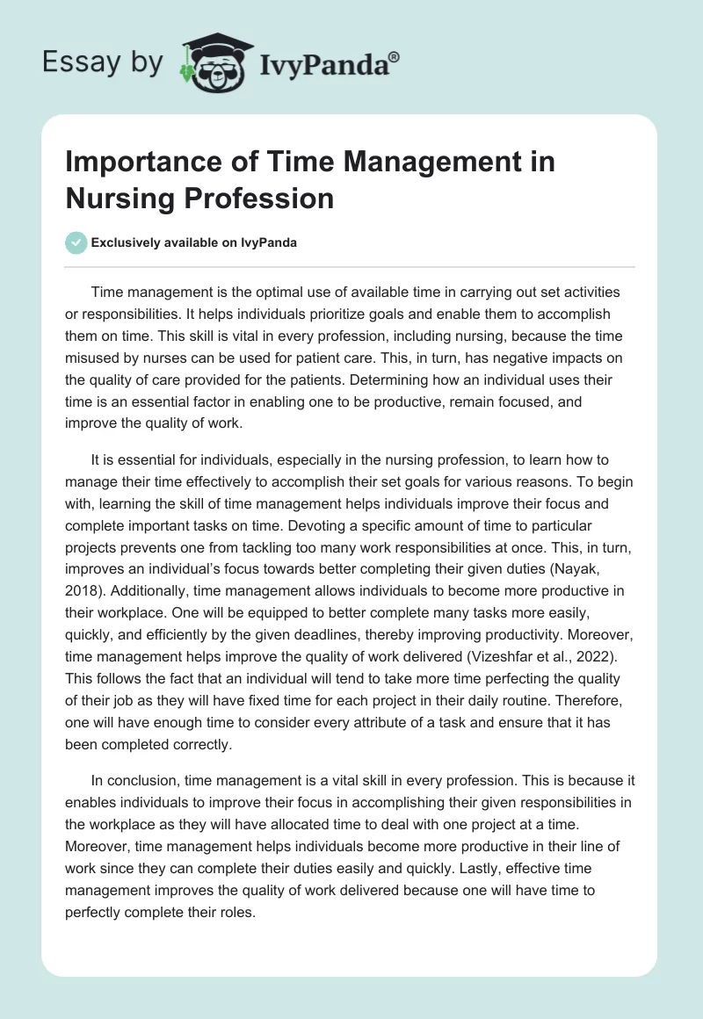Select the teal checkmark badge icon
(76, 242)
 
